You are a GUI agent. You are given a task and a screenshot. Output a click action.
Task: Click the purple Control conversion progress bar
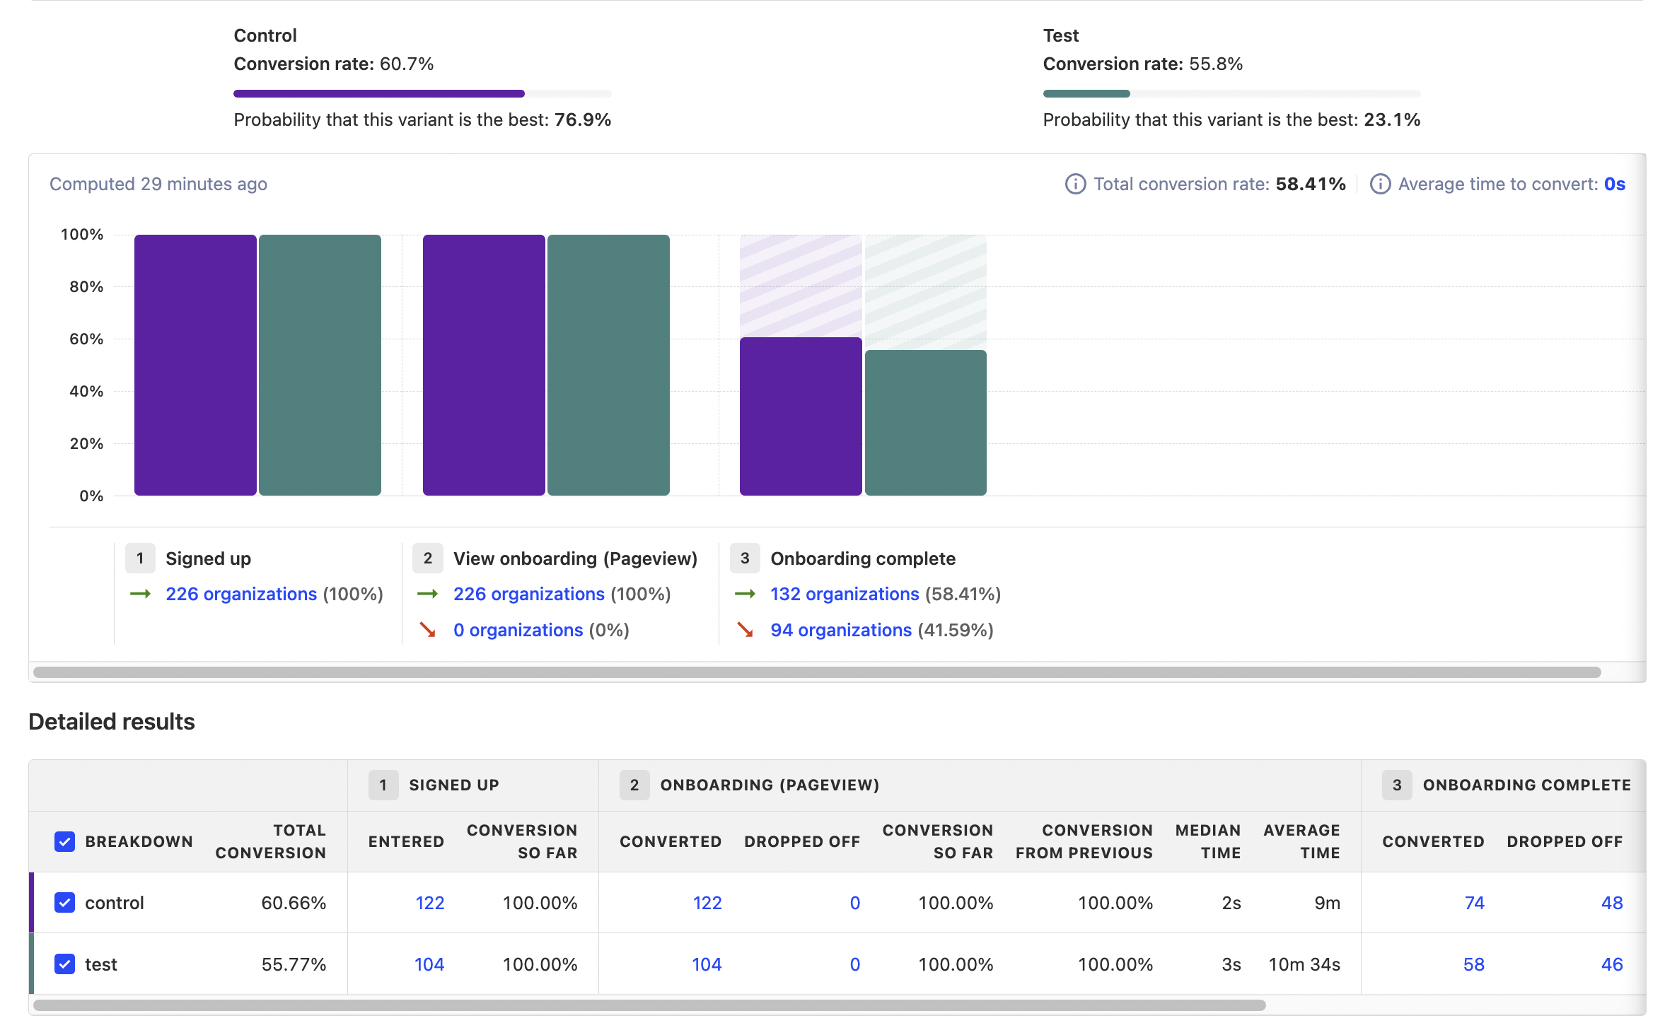[379, 93]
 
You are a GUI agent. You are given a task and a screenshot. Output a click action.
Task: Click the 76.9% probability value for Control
[582, 120]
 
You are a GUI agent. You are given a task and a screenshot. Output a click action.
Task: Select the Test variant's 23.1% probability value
[1391, 120]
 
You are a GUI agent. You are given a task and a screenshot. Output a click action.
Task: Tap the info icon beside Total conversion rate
[1075, 185]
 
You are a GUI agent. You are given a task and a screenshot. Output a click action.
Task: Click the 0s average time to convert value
[1614, 185]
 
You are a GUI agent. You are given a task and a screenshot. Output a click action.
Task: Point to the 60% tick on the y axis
[86, 339]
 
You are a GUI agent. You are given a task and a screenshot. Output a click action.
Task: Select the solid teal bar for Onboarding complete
[925, 422]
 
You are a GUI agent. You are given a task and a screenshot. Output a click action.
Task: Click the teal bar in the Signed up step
[320, 365]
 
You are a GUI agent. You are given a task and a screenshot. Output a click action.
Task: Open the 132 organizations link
[845, 595]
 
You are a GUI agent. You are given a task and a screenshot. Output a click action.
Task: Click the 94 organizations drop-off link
[840, 631]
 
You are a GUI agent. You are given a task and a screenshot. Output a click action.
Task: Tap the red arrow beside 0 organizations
[427, 630]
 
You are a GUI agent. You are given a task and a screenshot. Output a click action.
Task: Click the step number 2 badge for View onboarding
[427, 559]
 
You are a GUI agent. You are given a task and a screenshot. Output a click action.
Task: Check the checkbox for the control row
[64, 903]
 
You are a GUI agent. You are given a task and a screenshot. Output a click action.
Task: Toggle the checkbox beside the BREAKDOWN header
[64, 841]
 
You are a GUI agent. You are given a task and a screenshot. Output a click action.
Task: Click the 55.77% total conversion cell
[294, 964]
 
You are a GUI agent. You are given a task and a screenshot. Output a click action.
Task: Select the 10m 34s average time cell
[1304, 964]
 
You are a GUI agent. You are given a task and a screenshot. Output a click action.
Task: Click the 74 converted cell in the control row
[1474, 903]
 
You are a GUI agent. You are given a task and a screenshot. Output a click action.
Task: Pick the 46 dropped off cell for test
[1611, 964]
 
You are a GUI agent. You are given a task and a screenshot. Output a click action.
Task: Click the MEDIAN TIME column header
[1207, 841]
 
